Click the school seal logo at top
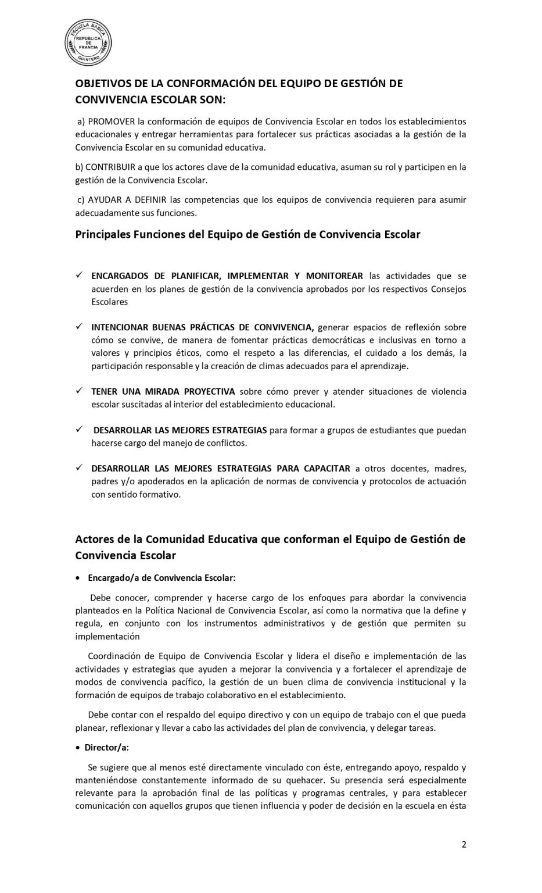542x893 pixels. tap(88, 42)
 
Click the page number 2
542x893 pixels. tap(464, 845)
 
